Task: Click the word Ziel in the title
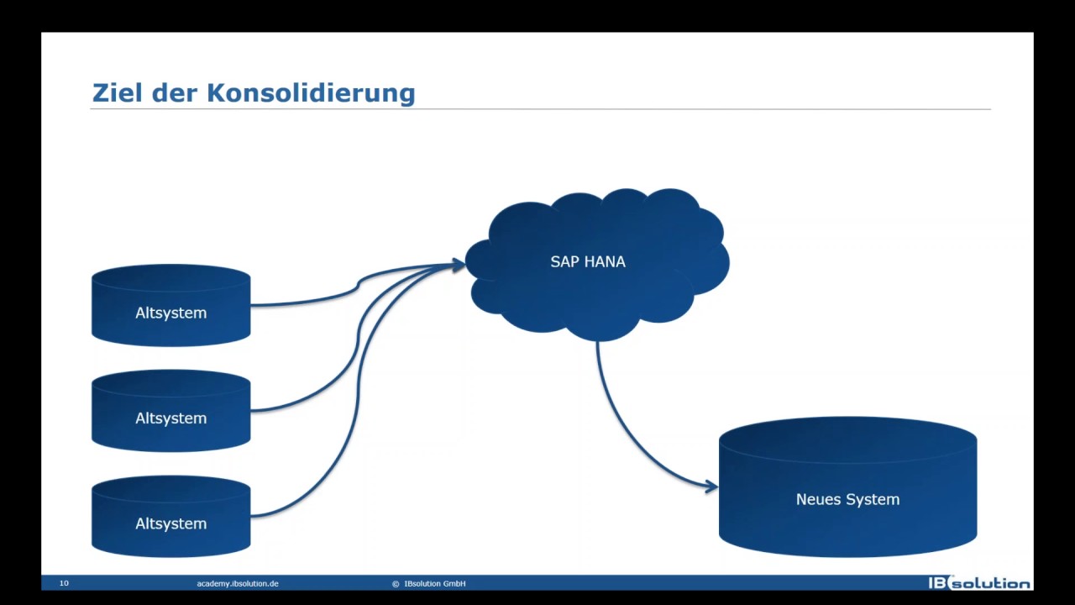click(x=117, y=92)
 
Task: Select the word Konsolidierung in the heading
click(x=311, y=92)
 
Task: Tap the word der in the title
click(x=176, y=92)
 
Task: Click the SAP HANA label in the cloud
click(x=588, y=262)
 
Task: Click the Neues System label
click(x=847, y=499)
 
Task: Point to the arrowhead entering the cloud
click(x=459, y=266)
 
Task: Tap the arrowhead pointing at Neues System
click(x=711, y=486)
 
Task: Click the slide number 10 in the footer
click(x=64, y=583)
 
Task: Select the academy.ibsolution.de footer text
click(x=238, y=583)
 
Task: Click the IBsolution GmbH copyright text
click(x=434, y=583)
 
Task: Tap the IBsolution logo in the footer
click(x=978, y=583)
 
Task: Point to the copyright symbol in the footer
click(x=395, y=583)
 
